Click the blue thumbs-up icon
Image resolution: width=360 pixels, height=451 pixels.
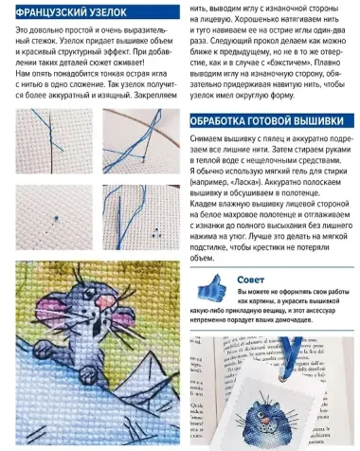tap(212, 286)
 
